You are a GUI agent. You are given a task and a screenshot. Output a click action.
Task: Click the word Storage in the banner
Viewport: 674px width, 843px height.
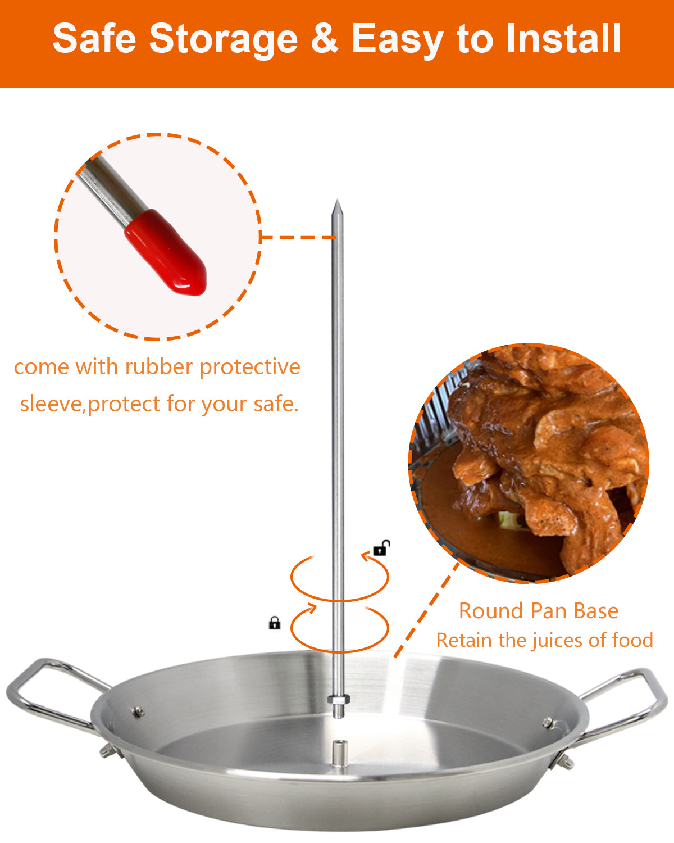click(223, 39)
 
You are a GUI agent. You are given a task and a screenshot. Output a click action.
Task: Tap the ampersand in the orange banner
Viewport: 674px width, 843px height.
click(324, 39)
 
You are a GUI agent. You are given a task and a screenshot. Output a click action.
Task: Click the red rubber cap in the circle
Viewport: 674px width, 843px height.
click(166, 253)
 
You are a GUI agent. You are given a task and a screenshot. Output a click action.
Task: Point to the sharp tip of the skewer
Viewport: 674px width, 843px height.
click(336, 203)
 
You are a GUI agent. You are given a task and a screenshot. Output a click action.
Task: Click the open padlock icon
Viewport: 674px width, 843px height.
click(381, 548)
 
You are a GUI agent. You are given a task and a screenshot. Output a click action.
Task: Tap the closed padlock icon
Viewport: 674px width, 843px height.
click(274, 623)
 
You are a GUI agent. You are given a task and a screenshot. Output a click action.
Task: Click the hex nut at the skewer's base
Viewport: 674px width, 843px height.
click(338, 700)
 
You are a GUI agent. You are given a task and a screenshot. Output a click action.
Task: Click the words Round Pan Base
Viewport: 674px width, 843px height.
click(538, 611)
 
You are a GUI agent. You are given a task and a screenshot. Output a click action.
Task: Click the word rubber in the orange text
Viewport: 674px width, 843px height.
click(160, 367)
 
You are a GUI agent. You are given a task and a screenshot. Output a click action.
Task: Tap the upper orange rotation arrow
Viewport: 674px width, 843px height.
click(339, 576)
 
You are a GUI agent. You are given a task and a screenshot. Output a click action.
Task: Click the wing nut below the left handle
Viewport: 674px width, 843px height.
click(108, 751)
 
